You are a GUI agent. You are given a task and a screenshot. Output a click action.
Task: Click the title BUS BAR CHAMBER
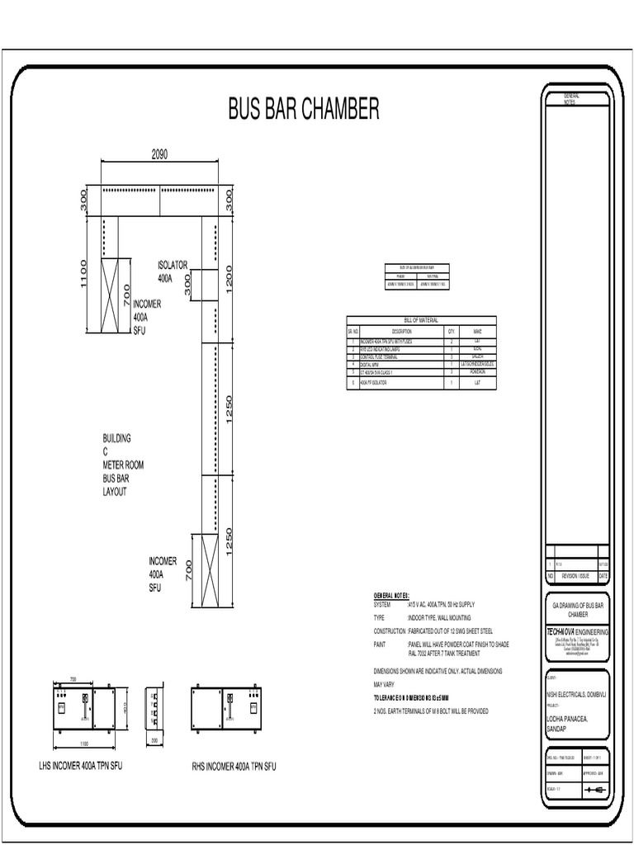click(303, 108)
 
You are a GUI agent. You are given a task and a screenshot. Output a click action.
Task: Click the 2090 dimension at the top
click(159, 154)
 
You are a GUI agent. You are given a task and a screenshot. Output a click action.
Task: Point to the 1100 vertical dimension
click(84, 275)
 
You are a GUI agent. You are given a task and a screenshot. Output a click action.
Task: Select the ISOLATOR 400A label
click(173, 271)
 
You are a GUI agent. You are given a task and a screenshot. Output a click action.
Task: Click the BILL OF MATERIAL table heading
click(421, 320)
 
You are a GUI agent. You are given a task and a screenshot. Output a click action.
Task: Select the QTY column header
click(452, 330)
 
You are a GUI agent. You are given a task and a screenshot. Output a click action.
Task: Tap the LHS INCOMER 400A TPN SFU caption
click(86, 766)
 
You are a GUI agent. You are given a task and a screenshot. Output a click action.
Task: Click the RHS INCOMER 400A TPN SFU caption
click(234, 767)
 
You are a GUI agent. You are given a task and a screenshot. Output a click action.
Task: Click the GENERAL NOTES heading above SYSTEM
click(392, 594)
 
